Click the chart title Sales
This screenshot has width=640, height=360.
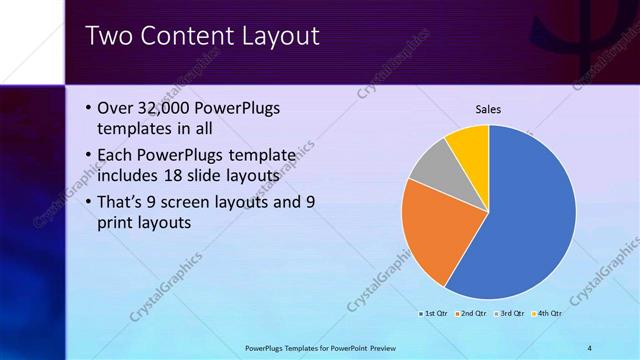(487, 109)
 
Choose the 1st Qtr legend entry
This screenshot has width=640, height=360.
(433, 314)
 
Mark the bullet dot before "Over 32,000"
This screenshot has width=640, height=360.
(88, 109)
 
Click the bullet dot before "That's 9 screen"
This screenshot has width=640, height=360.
(88, 202)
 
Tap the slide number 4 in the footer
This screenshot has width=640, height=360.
(589, 347)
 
